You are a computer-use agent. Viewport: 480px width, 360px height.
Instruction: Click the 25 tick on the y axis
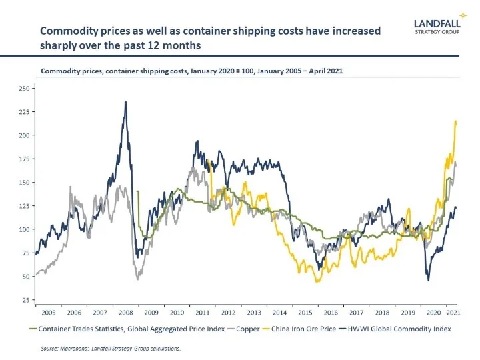coord(25,300)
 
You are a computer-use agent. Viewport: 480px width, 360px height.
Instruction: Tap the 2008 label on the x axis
coord(125,312)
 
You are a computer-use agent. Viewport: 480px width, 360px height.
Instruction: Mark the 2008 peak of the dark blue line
coord(125,102)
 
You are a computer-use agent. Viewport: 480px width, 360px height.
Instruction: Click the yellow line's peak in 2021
coord(455,121)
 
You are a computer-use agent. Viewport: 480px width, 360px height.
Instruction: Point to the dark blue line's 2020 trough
coord(428,280)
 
